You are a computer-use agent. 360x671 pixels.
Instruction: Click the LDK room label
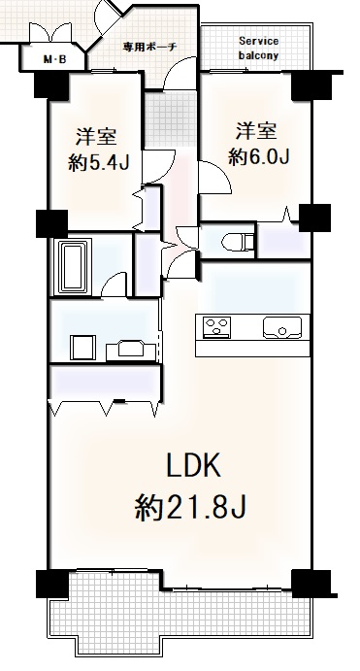click(193, 465)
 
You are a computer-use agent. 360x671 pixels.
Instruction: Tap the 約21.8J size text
click(191, 507)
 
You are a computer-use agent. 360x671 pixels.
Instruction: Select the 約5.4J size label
click(99, 162)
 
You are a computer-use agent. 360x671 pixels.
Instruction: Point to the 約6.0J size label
click(259, 156)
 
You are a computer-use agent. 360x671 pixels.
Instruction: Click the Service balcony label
click(259, 48)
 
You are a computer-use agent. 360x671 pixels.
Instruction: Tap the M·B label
click(55, 59)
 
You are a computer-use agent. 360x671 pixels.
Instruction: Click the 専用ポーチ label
click(149, 47)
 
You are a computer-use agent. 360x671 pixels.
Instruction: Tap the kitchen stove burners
click(216, 327)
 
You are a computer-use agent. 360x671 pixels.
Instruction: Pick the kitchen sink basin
click(282, 327)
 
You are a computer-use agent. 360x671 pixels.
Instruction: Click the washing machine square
click(82, 348)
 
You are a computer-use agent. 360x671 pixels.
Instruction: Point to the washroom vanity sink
click(126, 350)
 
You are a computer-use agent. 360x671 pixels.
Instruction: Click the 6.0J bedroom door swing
click(215, 179)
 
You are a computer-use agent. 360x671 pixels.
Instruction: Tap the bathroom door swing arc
click(114, 284)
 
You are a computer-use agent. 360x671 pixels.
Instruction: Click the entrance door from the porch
click(180, 73)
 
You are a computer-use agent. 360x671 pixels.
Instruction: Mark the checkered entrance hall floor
click(169, 119)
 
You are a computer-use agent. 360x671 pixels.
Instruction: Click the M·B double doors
click(49, 32)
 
